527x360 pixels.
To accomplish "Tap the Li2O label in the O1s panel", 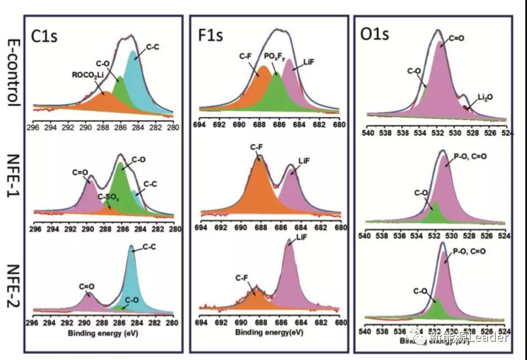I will click(483, 97).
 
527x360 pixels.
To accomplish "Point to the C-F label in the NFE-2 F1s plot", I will click(243, 277).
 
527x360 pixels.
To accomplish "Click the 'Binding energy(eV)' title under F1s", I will click(269, 332).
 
